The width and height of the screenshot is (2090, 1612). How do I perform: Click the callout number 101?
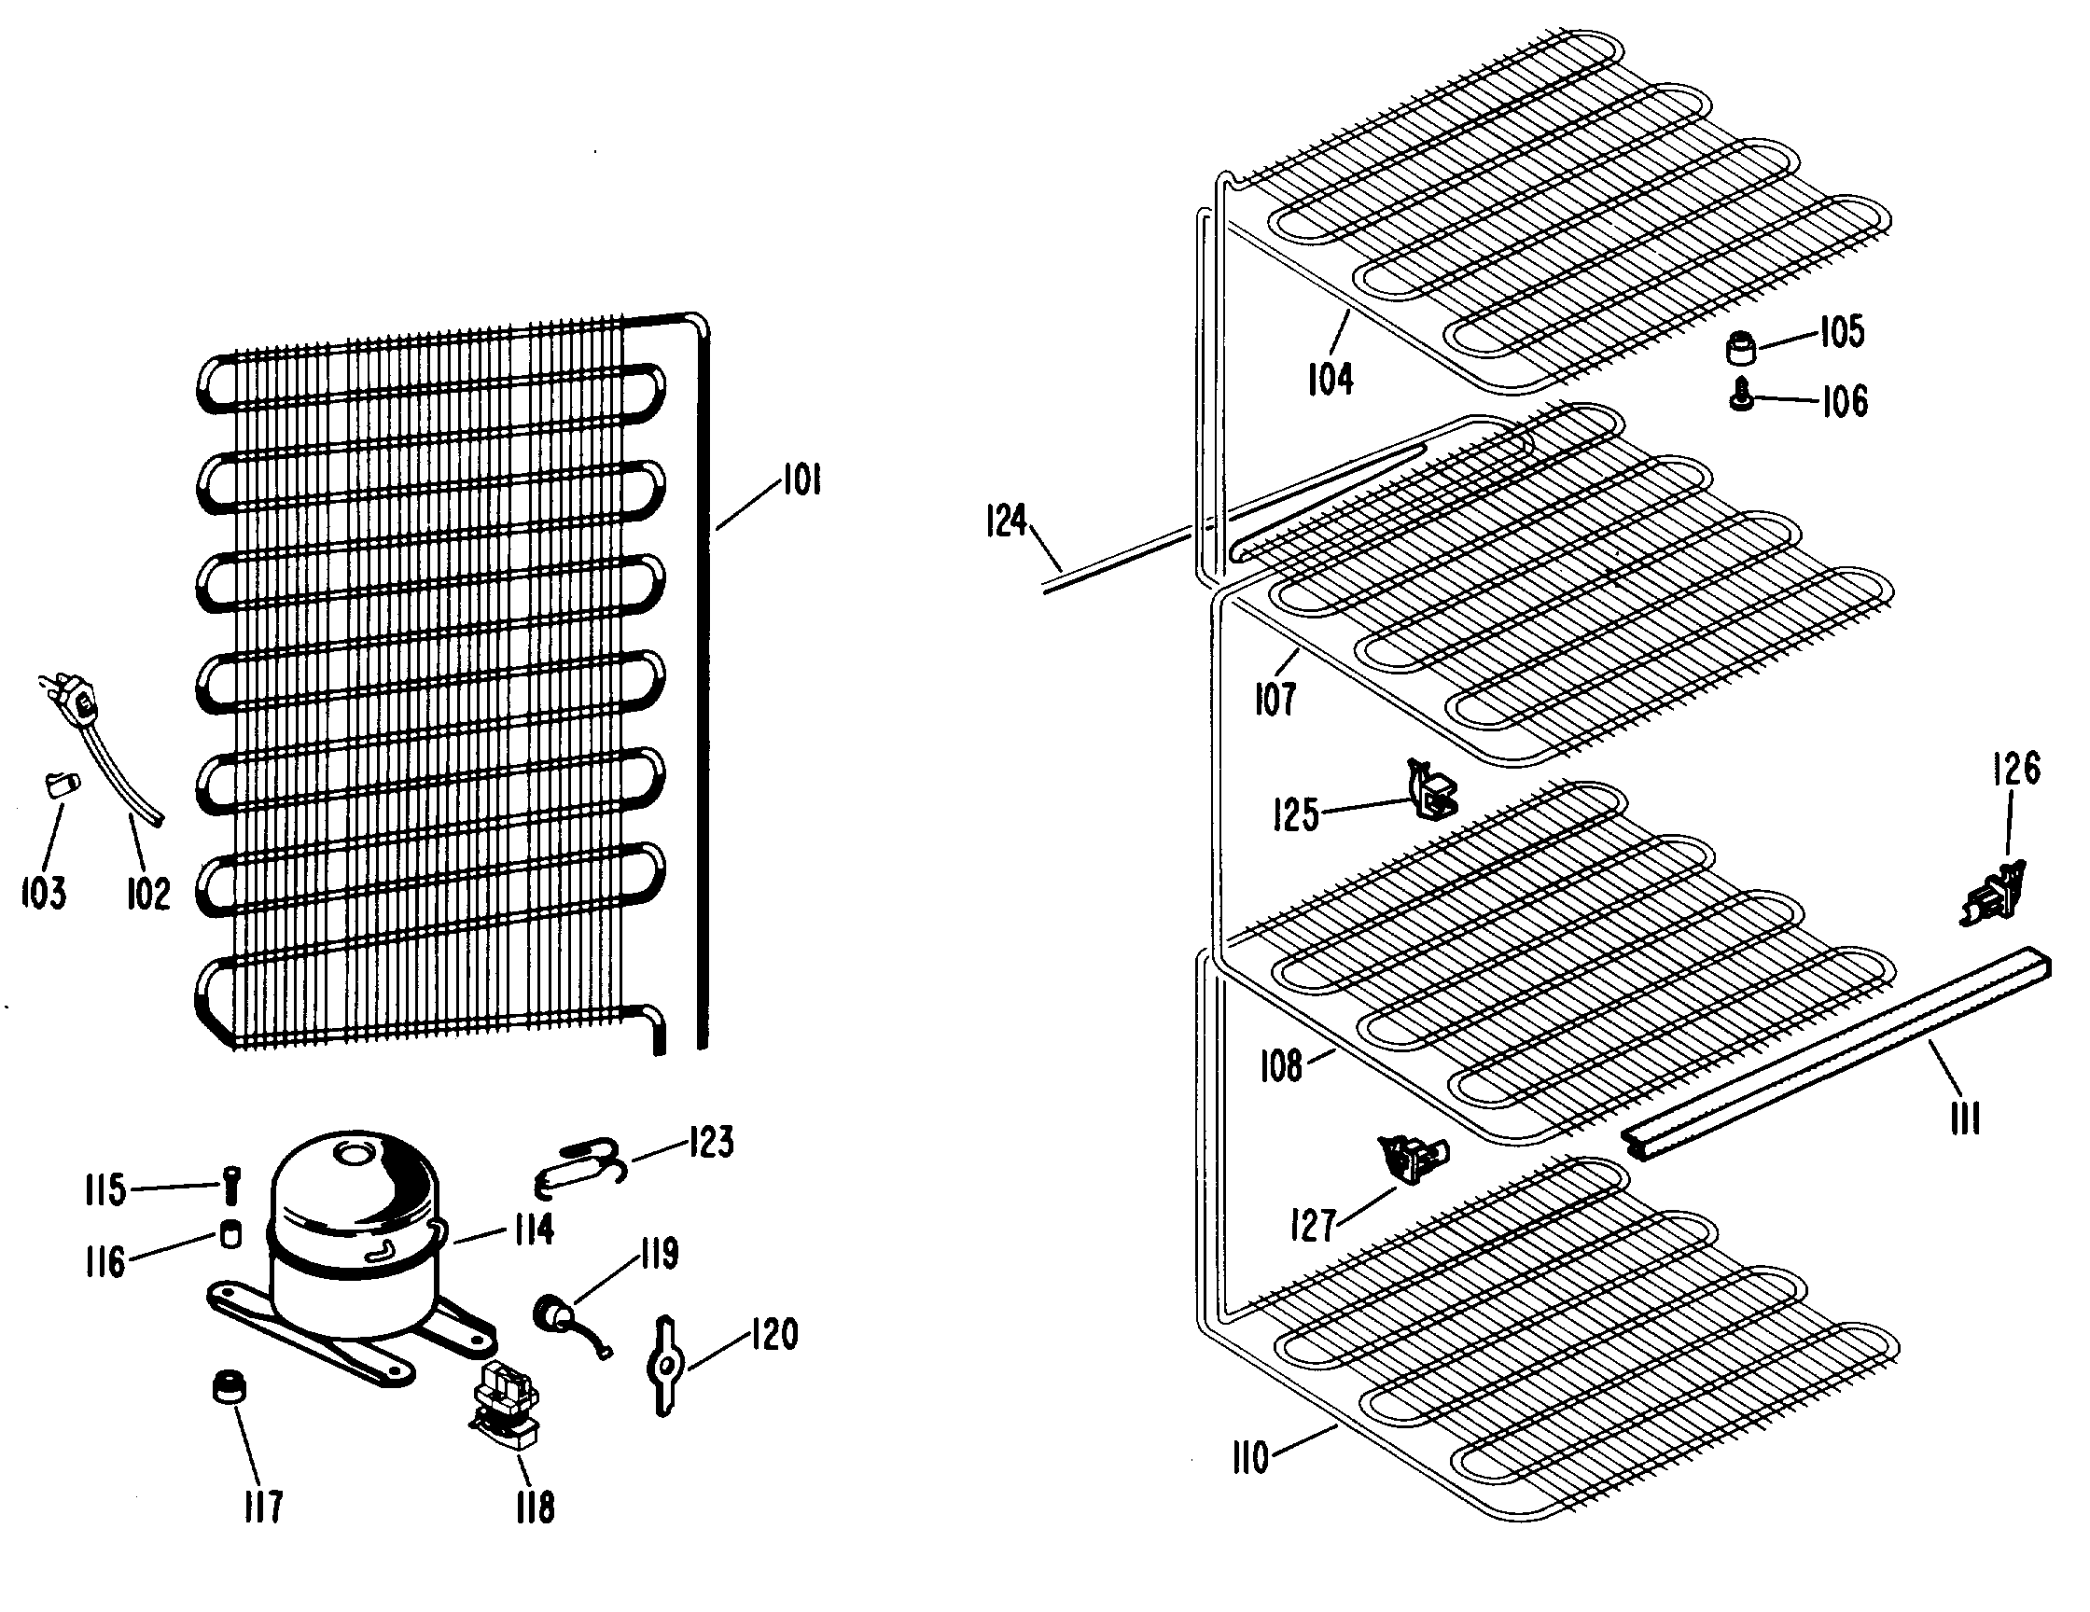click(x=801, y=479)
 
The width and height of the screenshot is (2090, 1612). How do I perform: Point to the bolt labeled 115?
click(x=231, y=1186)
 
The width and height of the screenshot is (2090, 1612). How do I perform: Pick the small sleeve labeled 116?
click(x=230, y=1234)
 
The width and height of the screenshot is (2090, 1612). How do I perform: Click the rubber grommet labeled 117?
click(x=228, y=1387)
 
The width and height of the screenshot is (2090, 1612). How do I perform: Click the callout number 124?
click(x=1006, y=521)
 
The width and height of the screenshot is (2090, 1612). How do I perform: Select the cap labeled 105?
click(x=1742, y=347)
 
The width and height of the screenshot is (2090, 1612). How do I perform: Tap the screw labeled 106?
click(x=1742, y=395)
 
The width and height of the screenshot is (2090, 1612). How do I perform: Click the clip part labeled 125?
click(x=1431, y=791)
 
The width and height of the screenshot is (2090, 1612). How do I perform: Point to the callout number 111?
click(x=1966, y=1117)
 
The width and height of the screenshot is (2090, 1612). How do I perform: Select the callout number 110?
click(x=1249, y=1458)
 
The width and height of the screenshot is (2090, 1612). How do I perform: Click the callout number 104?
click(x=1331, y=380)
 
